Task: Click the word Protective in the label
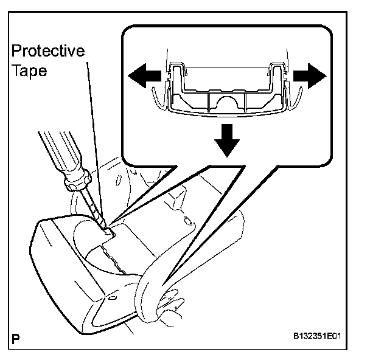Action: [49, 51]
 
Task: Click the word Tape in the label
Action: [29, 70]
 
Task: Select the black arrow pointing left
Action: [144, 77]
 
